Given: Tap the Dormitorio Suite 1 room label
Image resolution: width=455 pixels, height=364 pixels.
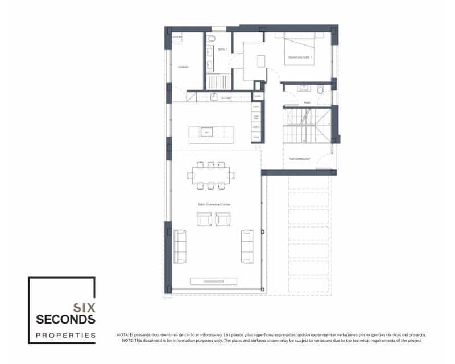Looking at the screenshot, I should pos(299,57).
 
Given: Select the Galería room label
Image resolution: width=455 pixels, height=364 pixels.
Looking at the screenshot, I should pos(183,67).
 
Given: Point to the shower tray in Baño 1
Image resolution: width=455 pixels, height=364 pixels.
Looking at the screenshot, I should pos(216,82).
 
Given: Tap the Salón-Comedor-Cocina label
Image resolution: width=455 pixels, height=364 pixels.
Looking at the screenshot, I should pos(214,204).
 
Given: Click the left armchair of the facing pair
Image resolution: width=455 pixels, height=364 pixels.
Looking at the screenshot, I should pos(204,218).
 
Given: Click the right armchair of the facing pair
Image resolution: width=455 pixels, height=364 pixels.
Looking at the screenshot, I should pos(223,218).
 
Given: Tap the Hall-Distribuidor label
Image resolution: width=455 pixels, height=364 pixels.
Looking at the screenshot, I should pos(300,159).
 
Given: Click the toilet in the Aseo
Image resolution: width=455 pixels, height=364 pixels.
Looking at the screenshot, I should pos(320,90).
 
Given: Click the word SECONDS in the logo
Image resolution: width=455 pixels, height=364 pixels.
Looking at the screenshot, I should pos(65,318).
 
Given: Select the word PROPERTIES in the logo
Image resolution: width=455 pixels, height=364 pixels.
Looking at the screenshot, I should pos(65,335).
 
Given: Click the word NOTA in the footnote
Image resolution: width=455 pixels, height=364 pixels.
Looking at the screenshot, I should pos(122,335).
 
